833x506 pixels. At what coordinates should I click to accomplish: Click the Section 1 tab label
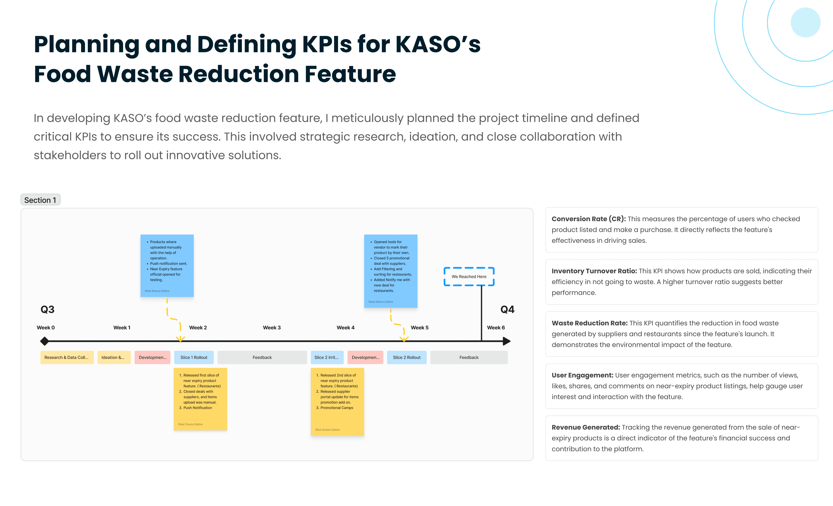tap(40, 200)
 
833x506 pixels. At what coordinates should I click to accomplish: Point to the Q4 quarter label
tap(507, 309)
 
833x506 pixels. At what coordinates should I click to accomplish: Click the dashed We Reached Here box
tap(469, 277)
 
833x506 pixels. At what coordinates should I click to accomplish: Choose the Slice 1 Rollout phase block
tap(194, 357)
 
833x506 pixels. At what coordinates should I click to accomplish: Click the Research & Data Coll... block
tap(67, 357)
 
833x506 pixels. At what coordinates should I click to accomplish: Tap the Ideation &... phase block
tap(114, 357)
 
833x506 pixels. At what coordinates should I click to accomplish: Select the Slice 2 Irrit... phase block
tap(327, 357)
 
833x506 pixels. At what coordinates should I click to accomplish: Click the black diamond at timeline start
tap(45, 341)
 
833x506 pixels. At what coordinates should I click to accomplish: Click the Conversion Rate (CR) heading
tap(589, 219)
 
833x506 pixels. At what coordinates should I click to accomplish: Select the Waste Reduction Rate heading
tap(589, 323)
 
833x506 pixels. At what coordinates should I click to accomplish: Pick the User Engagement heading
tap(582, 375)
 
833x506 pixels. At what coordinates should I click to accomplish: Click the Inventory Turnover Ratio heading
tap(594, 271)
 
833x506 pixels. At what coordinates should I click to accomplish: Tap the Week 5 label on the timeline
tap(419, 327)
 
